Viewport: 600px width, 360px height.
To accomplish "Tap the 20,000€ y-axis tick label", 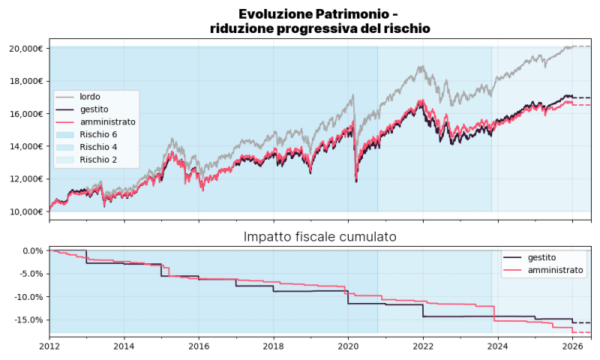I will point(26,49).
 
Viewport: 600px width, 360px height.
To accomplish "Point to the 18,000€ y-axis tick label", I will point(26,81).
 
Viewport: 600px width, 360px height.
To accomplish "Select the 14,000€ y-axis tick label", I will point(26,146).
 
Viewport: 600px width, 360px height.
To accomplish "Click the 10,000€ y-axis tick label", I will point(26,211).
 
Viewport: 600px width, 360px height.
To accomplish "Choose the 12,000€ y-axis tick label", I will point(26,178).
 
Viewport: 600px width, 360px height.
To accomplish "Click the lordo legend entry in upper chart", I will point(90,97).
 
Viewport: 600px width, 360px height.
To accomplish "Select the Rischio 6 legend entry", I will point(98,134).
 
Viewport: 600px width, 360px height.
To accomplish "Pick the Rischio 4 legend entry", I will point(98,146).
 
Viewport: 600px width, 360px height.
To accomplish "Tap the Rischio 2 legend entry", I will point(98,159).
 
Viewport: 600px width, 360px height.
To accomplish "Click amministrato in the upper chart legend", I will point(107,121).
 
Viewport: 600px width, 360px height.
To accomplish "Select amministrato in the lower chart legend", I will point(556,270).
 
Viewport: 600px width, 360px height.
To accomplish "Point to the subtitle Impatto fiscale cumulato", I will point(320,237).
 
